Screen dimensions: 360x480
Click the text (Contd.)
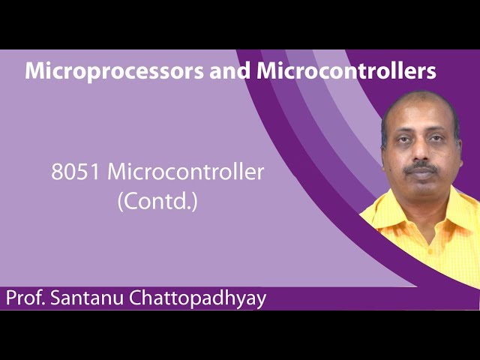click(x=157, y=201)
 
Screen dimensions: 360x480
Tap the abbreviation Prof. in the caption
click(x=25, y=298)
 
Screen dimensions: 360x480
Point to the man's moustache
click(x=422, y=168)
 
